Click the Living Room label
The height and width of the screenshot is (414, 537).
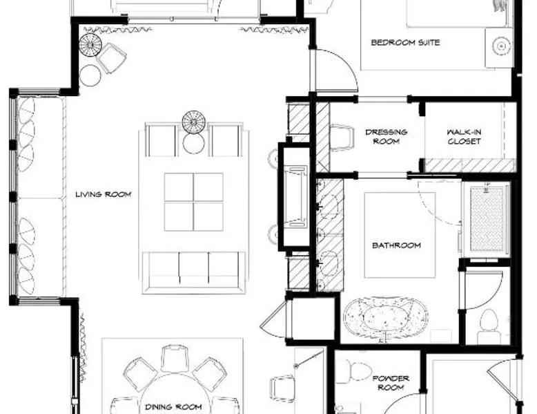104,194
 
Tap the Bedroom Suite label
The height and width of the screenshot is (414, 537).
405,43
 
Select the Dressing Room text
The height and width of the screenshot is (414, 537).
387,137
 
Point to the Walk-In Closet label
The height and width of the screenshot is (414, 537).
464,137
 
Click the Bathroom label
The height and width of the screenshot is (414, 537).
396,245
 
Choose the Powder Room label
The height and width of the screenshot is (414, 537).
391,383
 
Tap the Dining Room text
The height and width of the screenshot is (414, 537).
173,407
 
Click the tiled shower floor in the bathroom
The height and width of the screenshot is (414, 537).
487,219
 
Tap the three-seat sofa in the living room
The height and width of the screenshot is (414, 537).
194,273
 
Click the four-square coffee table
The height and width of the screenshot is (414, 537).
193,202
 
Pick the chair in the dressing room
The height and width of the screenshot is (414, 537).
342,138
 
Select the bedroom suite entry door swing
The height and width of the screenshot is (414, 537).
334,70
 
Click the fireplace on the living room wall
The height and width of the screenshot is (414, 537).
294,196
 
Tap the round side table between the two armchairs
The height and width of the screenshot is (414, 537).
193,143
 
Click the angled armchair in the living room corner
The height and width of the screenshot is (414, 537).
111,57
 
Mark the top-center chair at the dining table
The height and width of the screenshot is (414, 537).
175,359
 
